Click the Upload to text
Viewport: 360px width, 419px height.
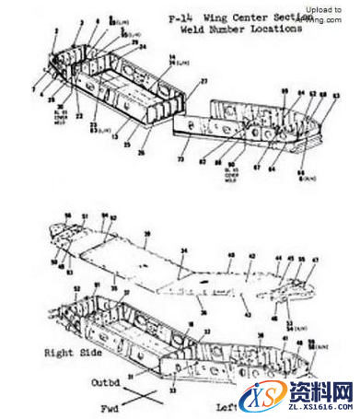click(x=322, y=8)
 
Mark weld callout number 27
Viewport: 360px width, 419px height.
click(x=204, y=83)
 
